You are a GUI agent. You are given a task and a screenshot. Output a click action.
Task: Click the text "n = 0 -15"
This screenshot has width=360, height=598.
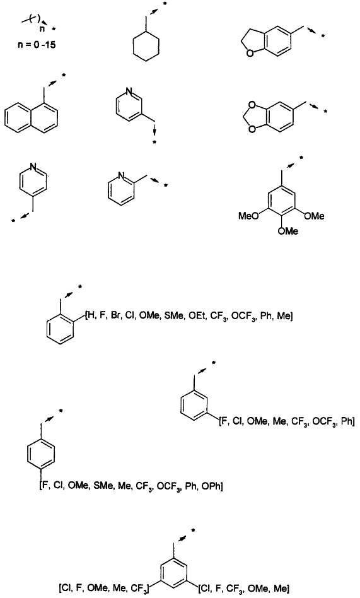(x=37, y=45)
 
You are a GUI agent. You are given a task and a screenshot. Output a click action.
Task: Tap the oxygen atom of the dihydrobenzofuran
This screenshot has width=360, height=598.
(x=250, y=54)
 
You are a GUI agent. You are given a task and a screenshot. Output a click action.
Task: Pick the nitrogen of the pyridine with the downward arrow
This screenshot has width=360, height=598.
(x=129, y=92)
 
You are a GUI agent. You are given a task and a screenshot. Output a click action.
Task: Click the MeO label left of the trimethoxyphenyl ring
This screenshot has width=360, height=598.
(x=248, y=216)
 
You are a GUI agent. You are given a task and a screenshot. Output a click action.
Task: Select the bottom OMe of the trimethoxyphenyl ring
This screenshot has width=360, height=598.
(x=288, y=231)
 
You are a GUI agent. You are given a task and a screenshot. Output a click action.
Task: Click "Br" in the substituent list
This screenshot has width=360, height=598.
(x=115, y=316)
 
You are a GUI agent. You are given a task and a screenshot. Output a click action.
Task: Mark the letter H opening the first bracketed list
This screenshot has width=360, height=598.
(x=90, y=316)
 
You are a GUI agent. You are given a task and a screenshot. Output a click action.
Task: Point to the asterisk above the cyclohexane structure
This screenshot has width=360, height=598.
(x=165, y=4)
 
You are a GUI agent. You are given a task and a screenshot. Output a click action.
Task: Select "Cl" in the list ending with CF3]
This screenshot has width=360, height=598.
(x=65, y=588)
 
